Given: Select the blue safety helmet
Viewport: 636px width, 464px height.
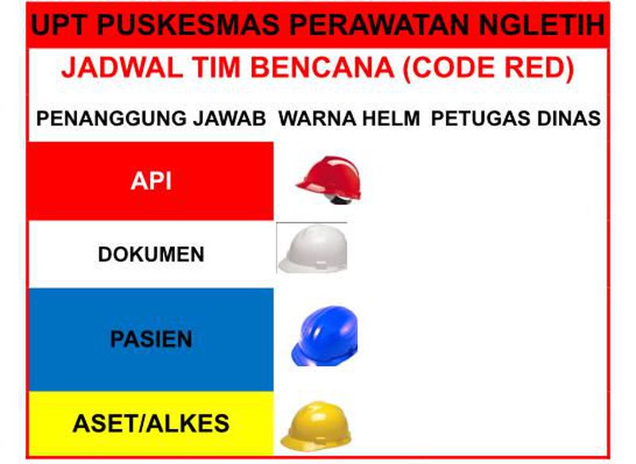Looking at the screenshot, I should pyautogui.click(x=324, y=337).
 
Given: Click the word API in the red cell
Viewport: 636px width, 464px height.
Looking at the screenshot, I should pyautogui.click(x=150, y=182).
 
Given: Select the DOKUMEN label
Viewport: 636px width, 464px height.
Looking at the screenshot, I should pyautogui.click(x=151, y=254).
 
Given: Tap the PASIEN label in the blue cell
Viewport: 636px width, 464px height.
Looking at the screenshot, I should pyautogui.click(x=151, y=339).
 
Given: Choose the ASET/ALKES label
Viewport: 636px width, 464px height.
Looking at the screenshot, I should pyautogui.click(x=150, y=423).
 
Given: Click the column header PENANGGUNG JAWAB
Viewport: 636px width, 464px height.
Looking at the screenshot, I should pyautogui.click(x=151, y=120).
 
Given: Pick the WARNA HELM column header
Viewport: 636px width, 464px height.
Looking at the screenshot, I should pyautogui.click(x=349, y=120).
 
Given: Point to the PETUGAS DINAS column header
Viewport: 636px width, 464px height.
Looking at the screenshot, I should pyautogui.click(x=515, y=120).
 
